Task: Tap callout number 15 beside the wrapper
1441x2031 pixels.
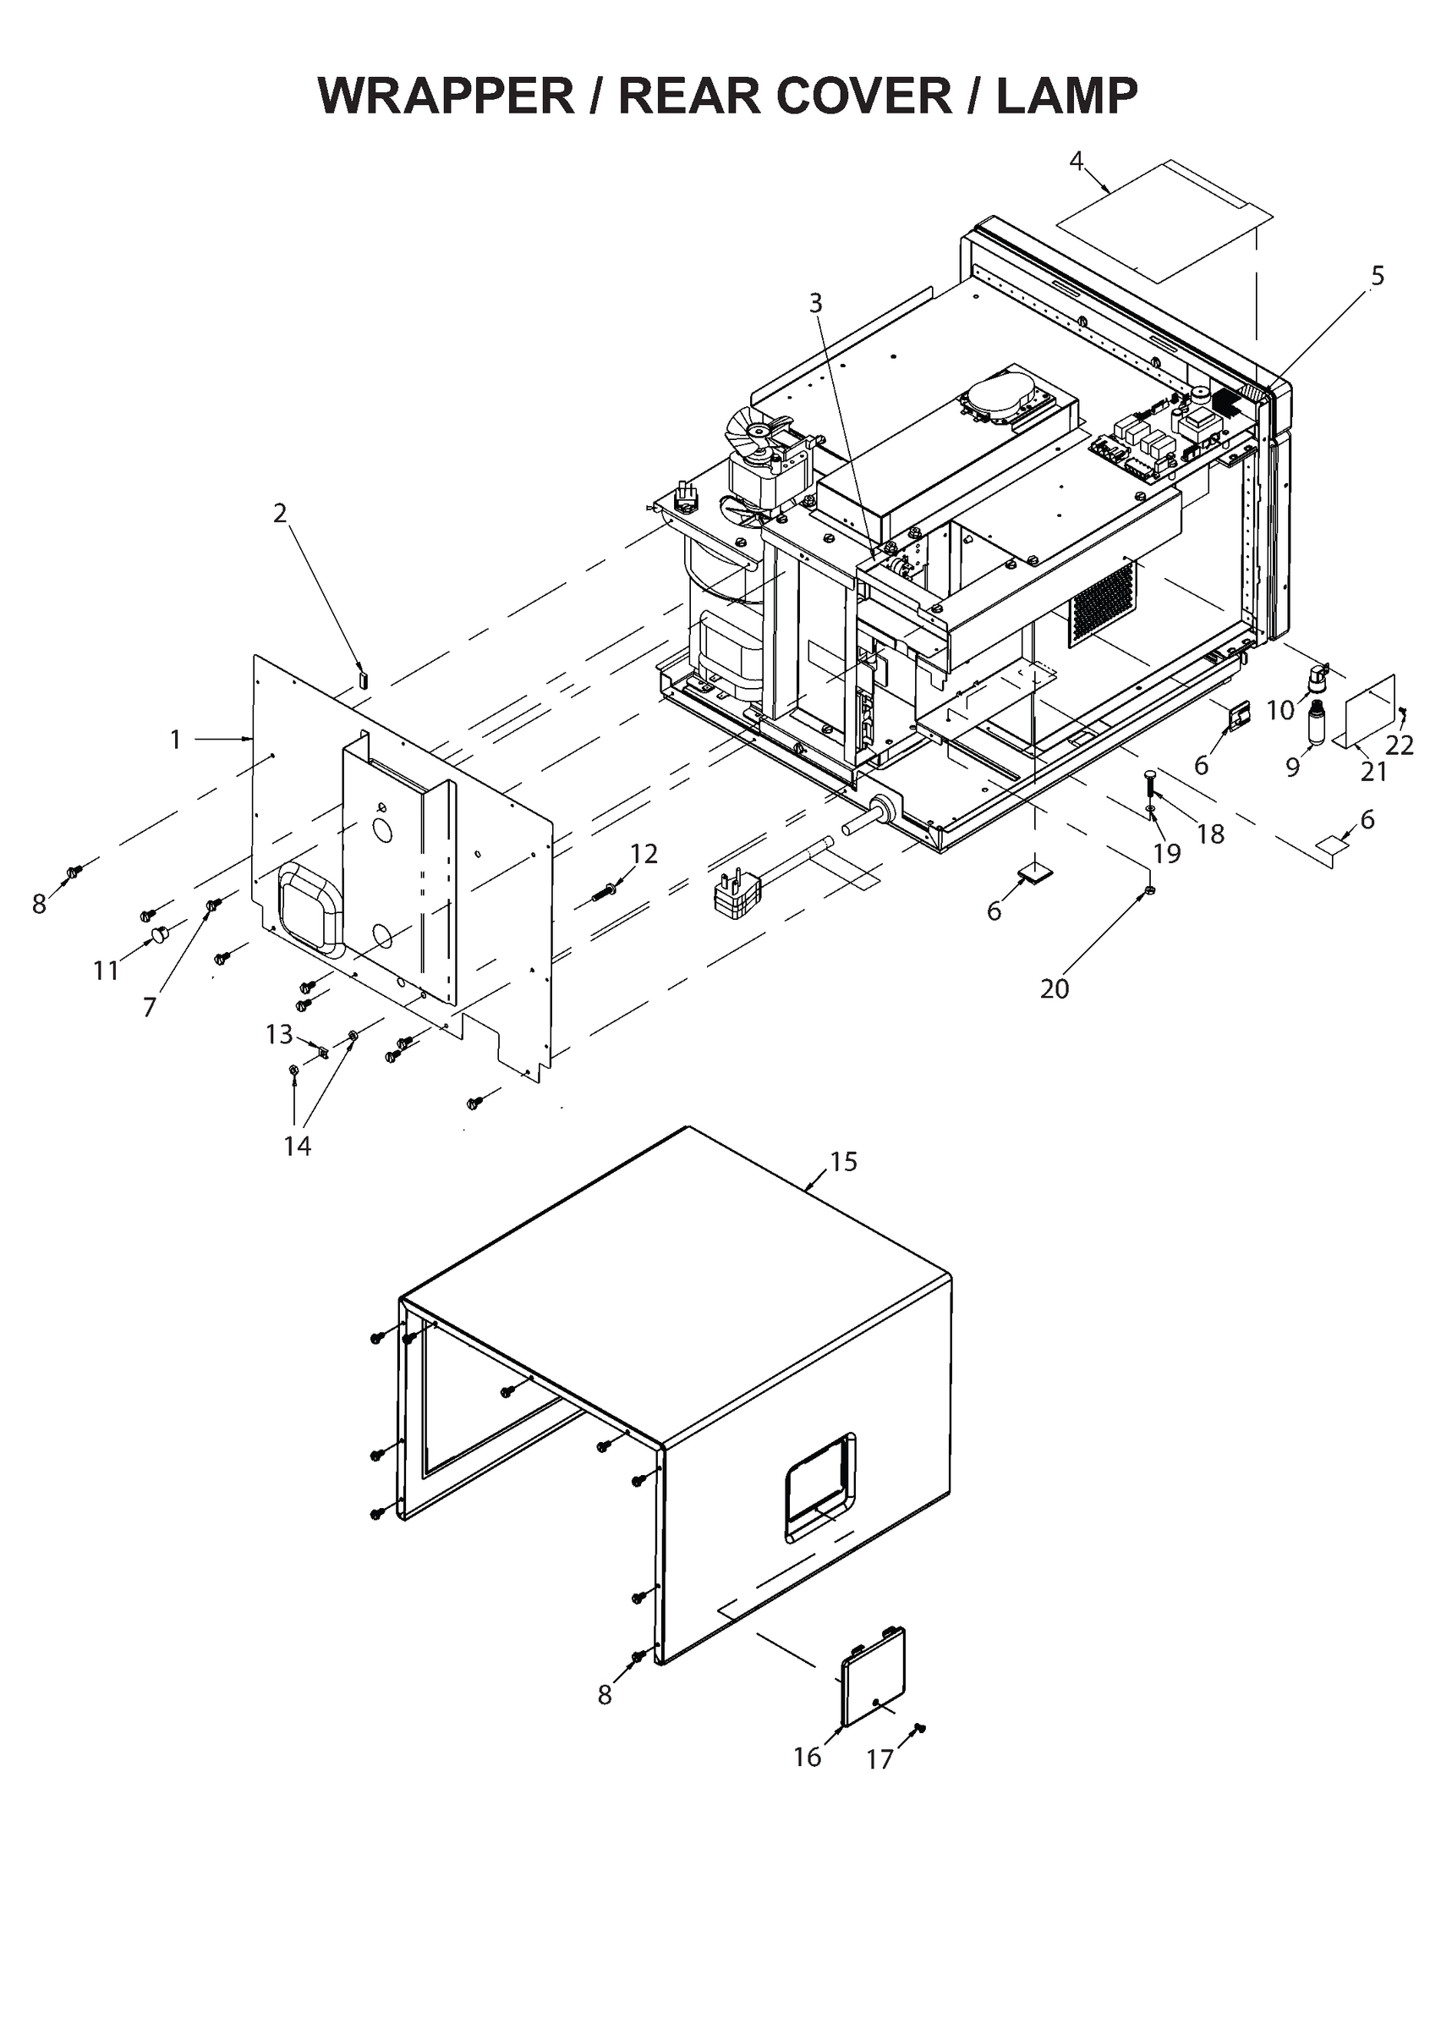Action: point(844,1161)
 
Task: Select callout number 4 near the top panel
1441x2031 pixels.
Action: point(1077,162)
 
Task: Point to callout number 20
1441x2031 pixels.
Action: point(1055,988)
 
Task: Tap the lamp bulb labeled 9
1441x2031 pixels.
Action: point(1316,724)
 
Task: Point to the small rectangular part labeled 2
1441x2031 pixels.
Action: point(362,680)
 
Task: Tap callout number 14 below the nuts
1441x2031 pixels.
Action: point(298,1146)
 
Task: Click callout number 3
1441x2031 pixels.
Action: point(815,303)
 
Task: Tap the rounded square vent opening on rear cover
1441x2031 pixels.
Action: point(307,907)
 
